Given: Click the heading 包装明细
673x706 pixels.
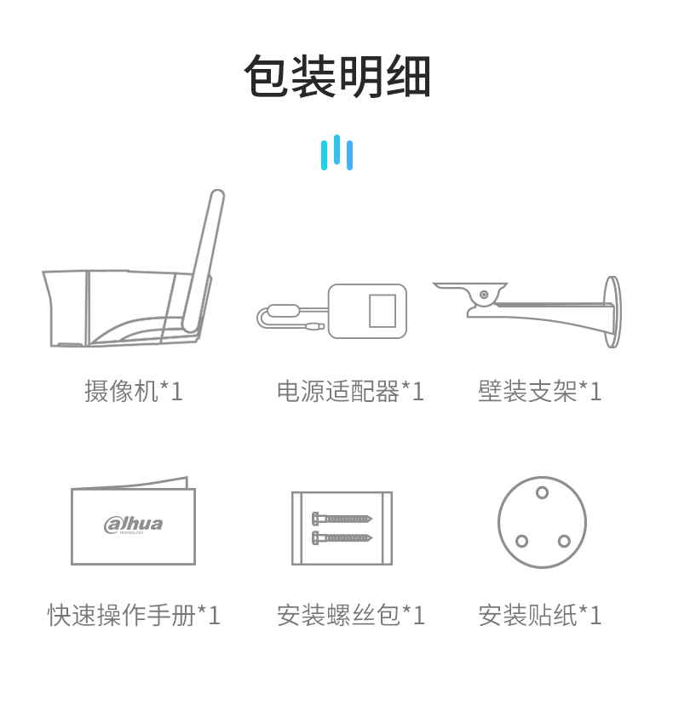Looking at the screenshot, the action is coord(337,76).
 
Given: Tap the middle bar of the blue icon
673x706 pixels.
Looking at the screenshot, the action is coord(337,149).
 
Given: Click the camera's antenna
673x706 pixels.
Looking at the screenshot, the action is coord(204,261).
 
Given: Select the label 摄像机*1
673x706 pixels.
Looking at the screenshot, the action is coord(134,391).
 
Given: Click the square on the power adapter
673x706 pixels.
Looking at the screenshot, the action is coord(383,311).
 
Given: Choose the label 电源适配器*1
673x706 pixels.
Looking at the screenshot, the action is coord(350,391).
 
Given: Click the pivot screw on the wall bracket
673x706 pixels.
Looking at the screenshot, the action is coord(484,295).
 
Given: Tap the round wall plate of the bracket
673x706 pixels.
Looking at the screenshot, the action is coord(613,312).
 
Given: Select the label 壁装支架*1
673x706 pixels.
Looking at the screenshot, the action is coord(539,391).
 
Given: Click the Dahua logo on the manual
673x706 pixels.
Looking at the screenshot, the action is coord(134,525).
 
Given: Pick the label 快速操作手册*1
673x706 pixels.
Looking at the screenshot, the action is coord(134,615).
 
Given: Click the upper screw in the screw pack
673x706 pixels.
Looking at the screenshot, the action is coord(342,519).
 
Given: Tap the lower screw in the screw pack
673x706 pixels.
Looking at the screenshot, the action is coord(342,537).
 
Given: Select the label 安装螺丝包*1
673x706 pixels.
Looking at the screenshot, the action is coord(350,615).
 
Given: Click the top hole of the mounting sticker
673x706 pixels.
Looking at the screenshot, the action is coord(542,492).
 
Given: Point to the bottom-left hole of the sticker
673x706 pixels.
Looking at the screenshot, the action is coord(521,541).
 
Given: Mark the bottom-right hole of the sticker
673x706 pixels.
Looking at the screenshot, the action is coord(564,541).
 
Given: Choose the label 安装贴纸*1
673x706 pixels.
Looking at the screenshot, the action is coord(539,615).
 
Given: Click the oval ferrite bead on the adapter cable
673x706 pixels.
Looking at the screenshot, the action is coord(283,311).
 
